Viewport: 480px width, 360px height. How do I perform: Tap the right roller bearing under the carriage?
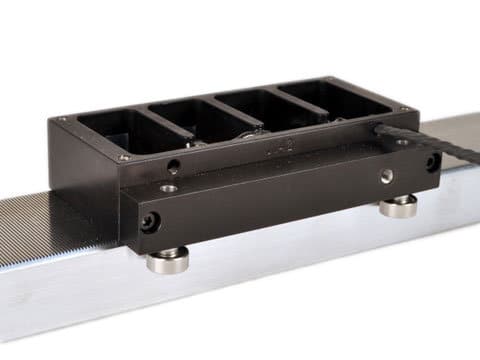[399, 207]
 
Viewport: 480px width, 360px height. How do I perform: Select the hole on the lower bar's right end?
[430, 161]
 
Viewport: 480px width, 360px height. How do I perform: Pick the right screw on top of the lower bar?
[385, 175]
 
